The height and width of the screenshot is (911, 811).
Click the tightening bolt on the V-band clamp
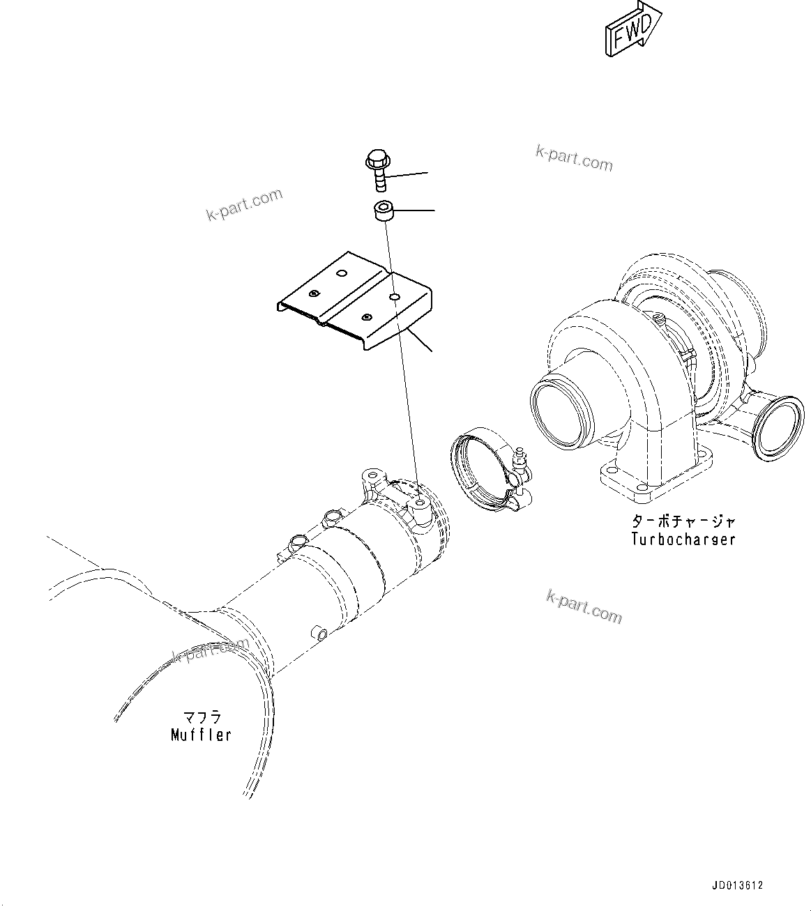pos(520,467)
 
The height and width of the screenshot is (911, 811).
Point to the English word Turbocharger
pos(683,539)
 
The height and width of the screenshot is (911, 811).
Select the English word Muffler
pos(201,735)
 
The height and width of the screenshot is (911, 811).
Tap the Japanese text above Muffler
pos(202,717)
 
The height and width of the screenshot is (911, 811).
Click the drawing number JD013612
pos(737,886)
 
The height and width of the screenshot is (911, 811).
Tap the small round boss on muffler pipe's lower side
pos(320,633)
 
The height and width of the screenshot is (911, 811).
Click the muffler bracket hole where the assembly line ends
pos(418,503)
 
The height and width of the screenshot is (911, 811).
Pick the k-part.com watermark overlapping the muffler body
pos(210,650)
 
